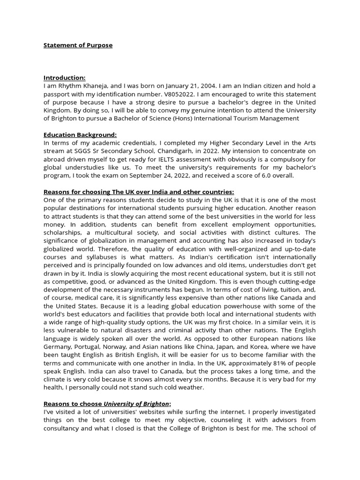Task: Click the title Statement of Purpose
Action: [78, 45]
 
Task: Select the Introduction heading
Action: [65, 78]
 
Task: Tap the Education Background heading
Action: [80, 135]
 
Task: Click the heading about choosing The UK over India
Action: [138, 192]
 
